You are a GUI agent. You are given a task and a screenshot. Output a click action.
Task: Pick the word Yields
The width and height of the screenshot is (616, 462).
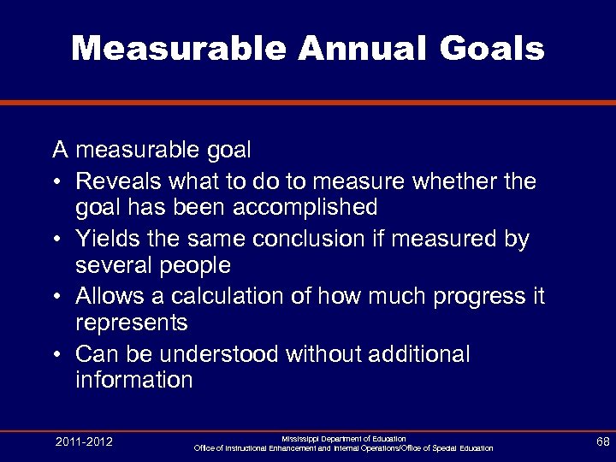(107, 240)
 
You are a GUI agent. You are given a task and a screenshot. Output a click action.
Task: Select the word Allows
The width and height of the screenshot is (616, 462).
(111, 296)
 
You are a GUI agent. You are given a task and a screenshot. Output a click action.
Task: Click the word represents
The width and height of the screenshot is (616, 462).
(131, 322)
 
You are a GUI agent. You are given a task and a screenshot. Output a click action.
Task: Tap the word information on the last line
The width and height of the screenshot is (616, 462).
(134, 380)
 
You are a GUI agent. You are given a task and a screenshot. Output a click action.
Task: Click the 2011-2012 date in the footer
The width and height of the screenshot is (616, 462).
(84, 442)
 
